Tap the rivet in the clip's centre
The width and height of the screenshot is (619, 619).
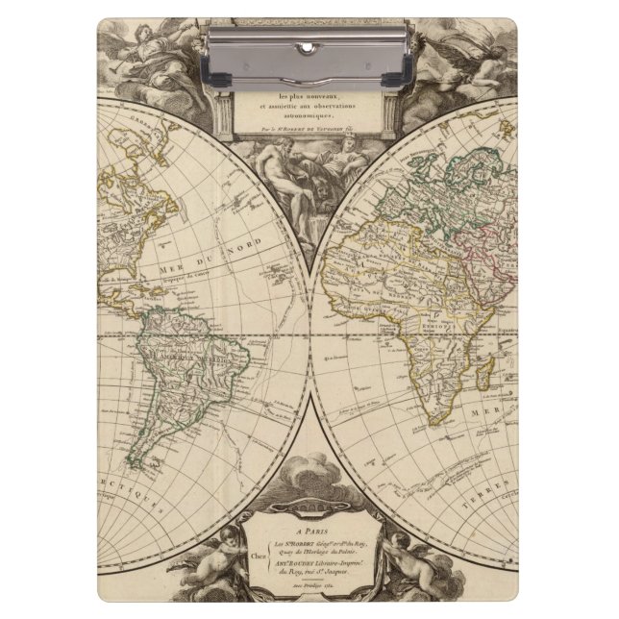[309, 57]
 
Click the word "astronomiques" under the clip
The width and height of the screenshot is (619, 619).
[309, 112]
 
